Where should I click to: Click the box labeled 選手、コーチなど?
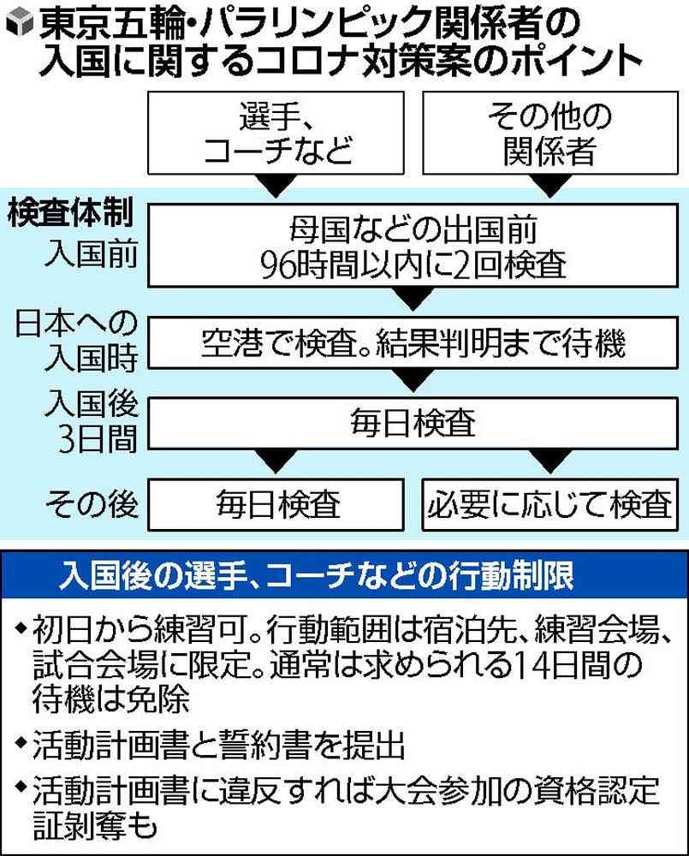276,134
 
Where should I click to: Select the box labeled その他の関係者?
550,134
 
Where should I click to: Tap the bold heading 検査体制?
70,212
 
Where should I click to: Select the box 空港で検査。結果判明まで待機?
413,343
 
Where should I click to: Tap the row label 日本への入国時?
76,340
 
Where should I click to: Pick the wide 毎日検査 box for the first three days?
413,423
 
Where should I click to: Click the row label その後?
92,503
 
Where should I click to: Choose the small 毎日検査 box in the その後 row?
276,504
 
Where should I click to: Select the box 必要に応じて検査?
550,504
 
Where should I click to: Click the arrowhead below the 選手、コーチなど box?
276,186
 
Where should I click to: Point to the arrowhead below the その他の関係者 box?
550,186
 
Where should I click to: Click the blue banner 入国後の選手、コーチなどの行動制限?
344,575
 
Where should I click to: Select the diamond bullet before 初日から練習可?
21,627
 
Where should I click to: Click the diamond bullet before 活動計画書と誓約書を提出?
21,742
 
